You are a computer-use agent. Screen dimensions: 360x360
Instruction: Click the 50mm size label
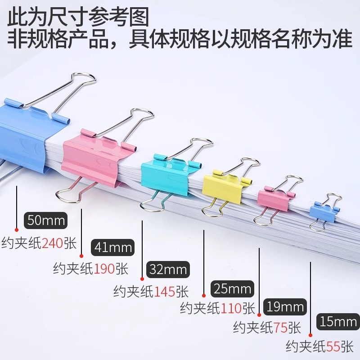(x=46, y=220)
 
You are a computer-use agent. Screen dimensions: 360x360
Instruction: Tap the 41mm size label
(x=113, y=247)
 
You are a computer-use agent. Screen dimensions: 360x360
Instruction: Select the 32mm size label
(x=168, y=269)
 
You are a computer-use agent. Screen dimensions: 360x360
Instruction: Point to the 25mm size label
(x=232, y=289)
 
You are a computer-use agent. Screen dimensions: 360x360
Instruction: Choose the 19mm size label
(x=285, y=307)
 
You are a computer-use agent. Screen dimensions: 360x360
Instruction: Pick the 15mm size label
(x=338, y=321)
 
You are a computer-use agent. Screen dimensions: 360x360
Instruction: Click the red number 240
(x=53, y=243)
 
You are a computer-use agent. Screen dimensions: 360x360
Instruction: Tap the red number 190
(x=104, y=269)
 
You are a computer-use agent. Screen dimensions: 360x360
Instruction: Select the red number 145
(x=165, y=292)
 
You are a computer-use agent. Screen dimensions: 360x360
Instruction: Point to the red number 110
(x=231, y=308)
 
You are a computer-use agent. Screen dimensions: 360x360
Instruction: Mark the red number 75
(x=280, y=328)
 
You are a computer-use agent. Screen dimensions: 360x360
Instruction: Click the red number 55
(x=333, y=347)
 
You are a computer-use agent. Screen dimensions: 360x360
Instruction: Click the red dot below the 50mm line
(x=16, y=230)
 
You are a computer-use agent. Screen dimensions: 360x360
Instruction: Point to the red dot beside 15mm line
(x=310, y=335)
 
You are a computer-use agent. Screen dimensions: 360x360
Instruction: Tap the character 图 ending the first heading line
(x=139, y=17)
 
